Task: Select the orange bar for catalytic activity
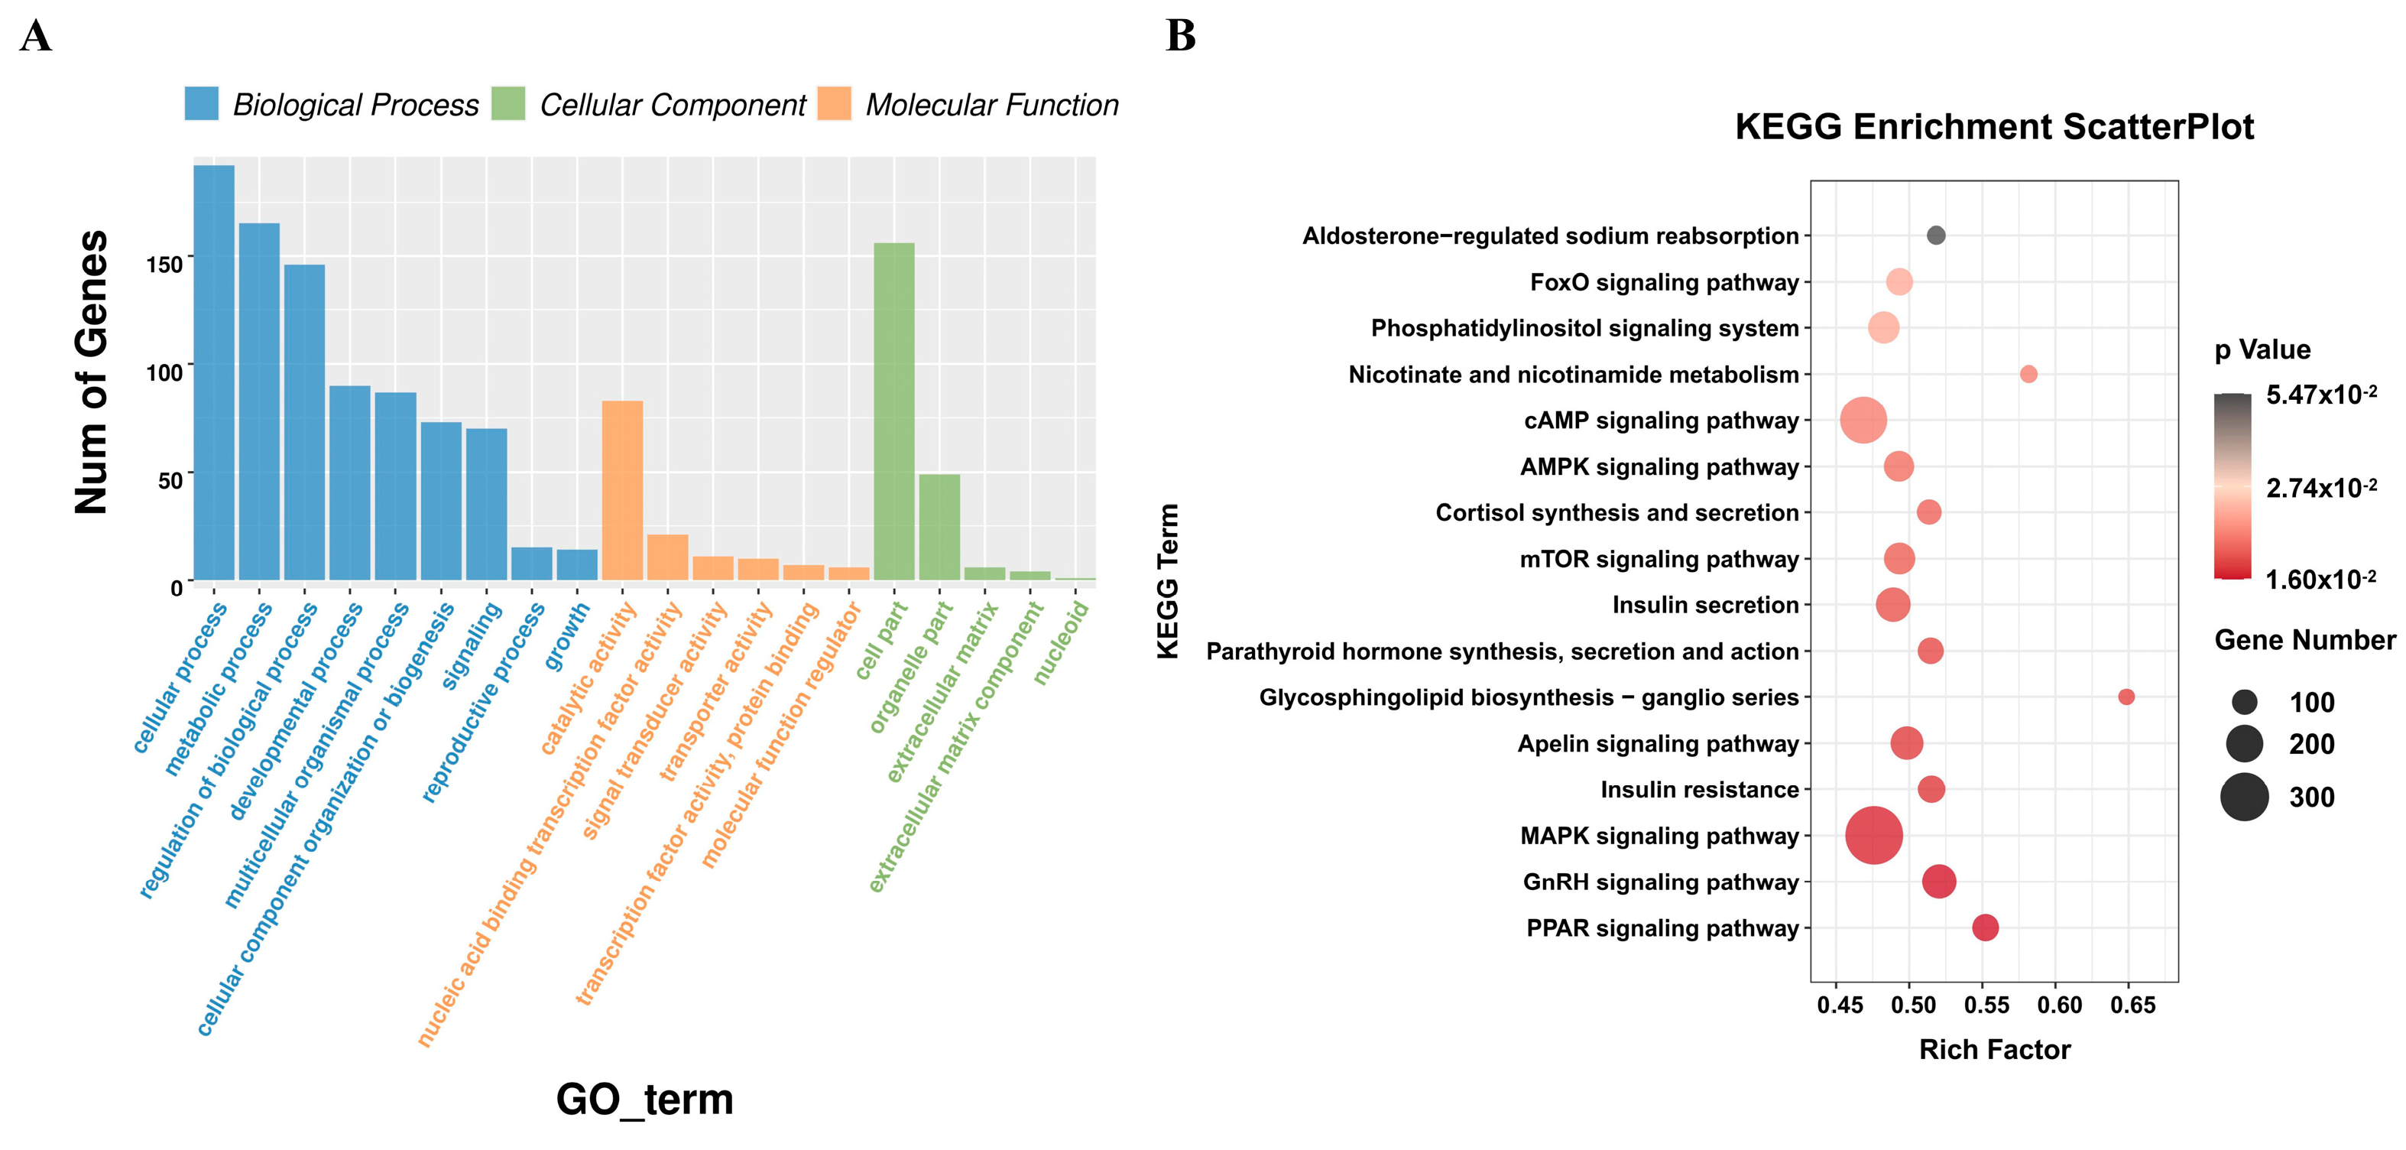tap(622, 490)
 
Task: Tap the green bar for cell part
tap(894, 411)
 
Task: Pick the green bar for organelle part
tap(939, 527)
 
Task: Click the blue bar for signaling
tap(487, 505)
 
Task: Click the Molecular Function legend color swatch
tap(834, 104)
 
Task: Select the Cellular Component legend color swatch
tap(508, 104)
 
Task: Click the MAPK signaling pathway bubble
tap(1873, 835)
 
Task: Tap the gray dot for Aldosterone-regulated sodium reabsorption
tap(1936, 236)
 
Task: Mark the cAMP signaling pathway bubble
tap(1863, 421)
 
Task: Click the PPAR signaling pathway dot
tap(1985, 927)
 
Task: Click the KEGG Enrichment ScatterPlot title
tap(1994, 127)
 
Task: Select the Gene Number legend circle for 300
tap(2245, 797)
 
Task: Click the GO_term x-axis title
tap(644, 1100)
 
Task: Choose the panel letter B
tap(1181, 37)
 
